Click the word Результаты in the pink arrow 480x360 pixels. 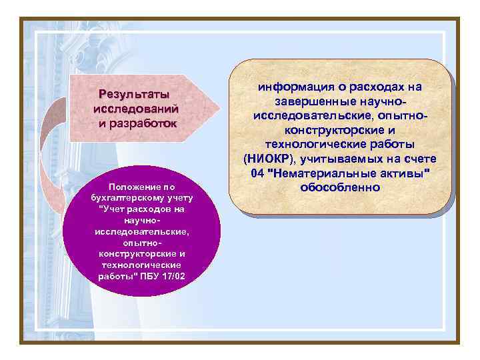tap(133, 94)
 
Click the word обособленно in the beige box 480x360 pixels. tap(340, 187)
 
